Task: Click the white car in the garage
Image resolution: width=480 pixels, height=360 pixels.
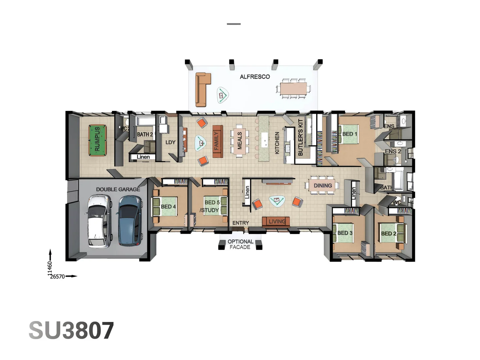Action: [99, 221]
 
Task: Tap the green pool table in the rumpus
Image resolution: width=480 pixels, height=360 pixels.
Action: [97, 140]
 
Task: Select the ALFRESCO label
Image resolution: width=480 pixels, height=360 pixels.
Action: [255, 77]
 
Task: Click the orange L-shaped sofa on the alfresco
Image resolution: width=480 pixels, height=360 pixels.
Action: [202, 89]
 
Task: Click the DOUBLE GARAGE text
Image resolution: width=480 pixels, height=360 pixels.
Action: [118, 189]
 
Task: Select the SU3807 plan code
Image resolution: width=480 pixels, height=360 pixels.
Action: [71, 331]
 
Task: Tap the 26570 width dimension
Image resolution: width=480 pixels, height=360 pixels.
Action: [57, 276]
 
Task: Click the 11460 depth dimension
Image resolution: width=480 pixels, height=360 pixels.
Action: [50, 269]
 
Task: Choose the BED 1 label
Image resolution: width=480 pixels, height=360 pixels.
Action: [350, 134]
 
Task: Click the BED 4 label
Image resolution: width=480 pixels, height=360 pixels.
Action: [168, 207]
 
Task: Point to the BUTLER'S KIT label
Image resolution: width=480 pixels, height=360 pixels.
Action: [300, 137]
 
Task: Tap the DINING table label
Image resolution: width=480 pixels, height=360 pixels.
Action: [323, 186]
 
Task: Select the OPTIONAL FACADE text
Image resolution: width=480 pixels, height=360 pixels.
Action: [240, 244]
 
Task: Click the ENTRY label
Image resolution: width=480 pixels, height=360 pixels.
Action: [241, 223]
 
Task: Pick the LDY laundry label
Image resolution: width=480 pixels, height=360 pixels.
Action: [170, 142]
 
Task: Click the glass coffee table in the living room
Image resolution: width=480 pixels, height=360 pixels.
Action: [277, 201]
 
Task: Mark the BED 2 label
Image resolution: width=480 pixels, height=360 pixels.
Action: [389, 233]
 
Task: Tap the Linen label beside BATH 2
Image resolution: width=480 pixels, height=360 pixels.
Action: [143, 157]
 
